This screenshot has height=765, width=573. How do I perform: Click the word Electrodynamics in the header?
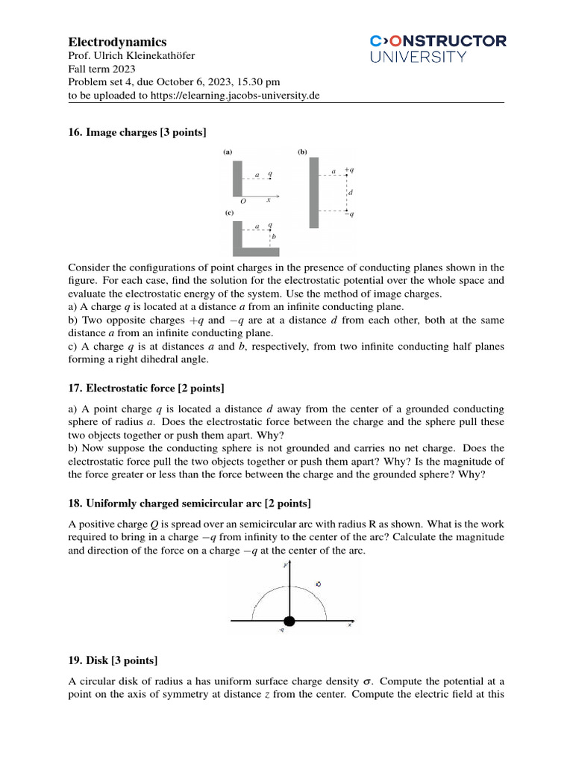tap(117, 42)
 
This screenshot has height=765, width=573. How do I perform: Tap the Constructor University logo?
tap(438, 49)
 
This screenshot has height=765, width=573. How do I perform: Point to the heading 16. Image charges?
tap(137, 132)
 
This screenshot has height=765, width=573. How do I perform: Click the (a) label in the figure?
tap(228, 152)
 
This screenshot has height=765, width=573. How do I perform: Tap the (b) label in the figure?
tap(302, 152)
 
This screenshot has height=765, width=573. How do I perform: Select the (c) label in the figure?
tap(230, 213)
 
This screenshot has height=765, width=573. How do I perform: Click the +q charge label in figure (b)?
tap(349, 170)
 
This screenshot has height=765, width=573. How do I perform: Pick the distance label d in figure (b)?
tap(351, 192)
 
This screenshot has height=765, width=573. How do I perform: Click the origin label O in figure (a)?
tap(242, 202)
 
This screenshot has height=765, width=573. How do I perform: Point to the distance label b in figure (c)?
tap(274, 237)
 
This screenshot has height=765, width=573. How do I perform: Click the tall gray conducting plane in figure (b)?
tap(314, 192)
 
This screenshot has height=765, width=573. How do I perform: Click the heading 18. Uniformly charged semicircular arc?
tap(190, 501)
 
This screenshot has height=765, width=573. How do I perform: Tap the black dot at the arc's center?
tap(289, 620)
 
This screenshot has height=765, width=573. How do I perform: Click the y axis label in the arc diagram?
tap(285, 566)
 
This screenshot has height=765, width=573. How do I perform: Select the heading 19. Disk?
tap(113, 660)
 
